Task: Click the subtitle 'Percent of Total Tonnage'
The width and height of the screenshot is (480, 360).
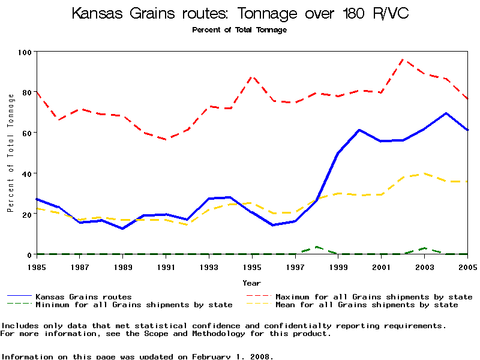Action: tap(239, 30)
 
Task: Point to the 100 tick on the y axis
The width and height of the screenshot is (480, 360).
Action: tap(26, 52)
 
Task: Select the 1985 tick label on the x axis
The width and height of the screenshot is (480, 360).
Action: tap(37, 267)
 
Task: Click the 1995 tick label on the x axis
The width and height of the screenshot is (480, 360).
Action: tap(252, 267)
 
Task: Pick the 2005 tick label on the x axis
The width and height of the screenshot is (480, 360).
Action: tap(467, 267)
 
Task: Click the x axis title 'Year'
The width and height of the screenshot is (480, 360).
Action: tap(252, 283)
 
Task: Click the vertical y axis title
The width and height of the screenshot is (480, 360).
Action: tap(10, 153)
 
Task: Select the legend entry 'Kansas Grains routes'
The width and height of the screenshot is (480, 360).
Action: tap(83, 296)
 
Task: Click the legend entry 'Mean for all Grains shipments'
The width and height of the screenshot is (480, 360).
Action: tap(366, 305)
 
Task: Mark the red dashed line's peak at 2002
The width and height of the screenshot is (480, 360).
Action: tap(403, 59)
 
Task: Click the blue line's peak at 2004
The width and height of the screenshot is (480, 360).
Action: tap(446, 113)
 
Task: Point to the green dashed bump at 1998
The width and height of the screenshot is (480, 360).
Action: tap(317, 247)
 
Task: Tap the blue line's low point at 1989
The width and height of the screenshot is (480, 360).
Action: tap(123, 229)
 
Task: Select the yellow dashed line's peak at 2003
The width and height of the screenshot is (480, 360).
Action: tap(424, 173)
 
